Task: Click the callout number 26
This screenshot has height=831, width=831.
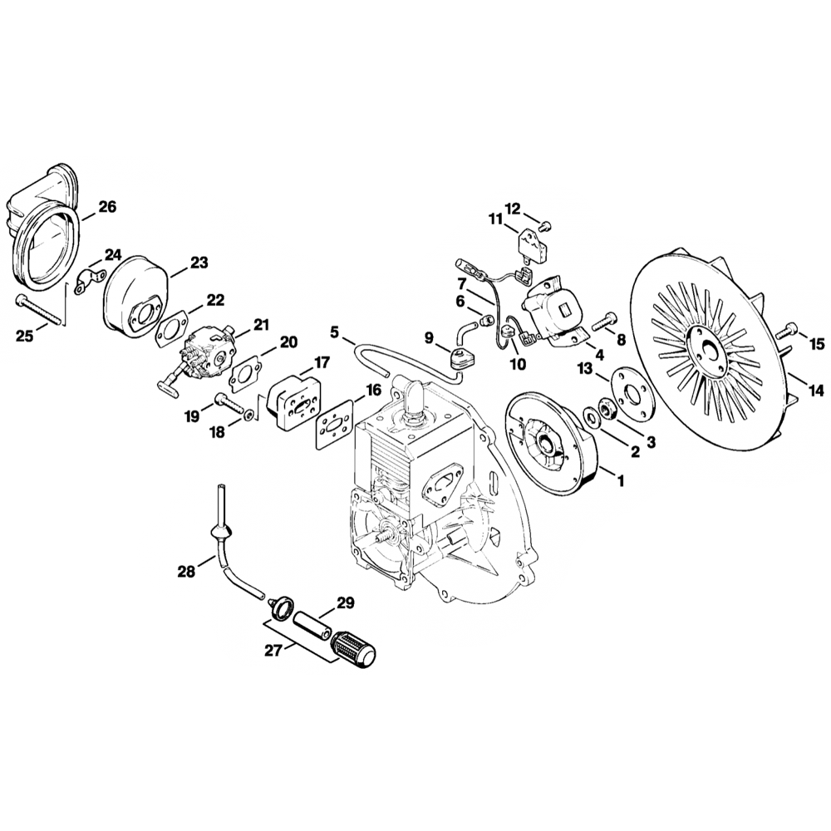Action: coord(107,207)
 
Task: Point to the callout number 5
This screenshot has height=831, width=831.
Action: coord(335,332)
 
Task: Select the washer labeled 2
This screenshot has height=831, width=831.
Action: coord(589,413)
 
